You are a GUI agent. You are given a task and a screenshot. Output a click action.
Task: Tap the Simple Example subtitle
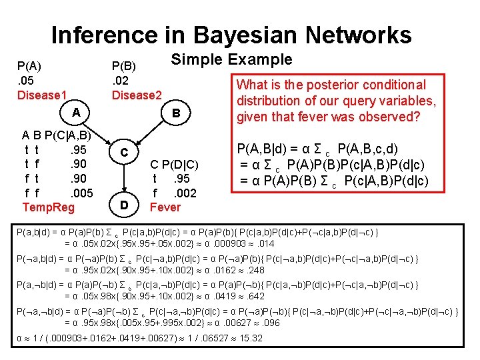[231, 59]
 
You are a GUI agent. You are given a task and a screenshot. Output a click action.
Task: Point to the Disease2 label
[137, 95]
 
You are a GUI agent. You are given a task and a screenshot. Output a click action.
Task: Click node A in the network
[77, 113]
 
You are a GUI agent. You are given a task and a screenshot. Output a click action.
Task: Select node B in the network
[176, 113]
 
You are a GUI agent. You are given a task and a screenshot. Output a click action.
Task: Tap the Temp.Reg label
[49, 207]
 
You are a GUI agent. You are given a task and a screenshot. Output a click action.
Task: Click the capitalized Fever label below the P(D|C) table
[165, 207]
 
